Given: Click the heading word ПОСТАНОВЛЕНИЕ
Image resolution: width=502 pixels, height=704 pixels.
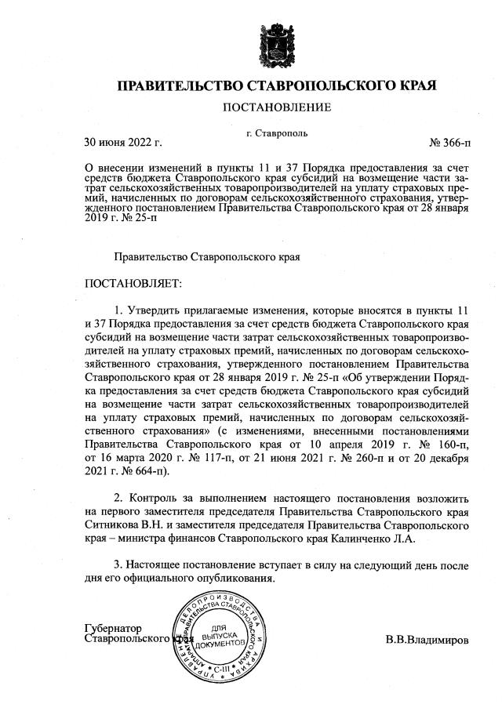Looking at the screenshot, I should [276, 106].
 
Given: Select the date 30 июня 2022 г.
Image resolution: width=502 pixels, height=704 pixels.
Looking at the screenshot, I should [122, 142].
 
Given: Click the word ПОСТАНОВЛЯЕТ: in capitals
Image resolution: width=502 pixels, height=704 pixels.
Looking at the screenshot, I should [133, 281].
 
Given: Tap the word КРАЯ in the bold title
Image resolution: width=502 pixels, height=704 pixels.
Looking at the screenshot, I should [409, 85].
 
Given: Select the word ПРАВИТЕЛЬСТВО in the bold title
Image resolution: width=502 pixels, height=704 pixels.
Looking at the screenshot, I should [181, 85].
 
